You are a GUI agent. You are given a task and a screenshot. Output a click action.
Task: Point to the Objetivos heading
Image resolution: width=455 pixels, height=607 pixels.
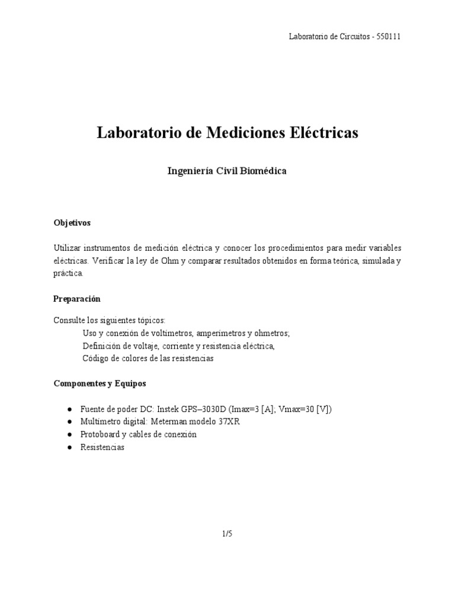(x=72, y=223)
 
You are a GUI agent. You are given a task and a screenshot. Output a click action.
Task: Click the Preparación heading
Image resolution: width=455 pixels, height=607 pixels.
(x=77, y=299)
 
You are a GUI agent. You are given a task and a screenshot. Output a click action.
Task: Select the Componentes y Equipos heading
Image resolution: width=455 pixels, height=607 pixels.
(x=100, y=384)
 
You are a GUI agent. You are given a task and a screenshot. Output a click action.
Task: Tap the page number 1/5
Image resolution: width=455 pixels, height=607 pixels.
(x=227, y=533)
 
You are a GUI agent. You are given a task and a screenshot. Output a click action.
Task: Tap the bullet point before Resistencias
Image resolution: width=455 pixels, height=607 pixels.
(x=70, y=448)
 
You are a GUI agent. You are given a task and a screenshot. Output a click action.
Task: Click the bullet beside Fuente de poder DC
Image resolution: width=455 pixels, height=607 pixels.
(x=70, y=410)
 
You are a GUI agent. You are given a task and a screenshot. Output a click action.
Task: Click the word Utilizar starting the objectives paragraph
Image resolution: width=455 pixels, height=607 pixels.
(x=68, y=248)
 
